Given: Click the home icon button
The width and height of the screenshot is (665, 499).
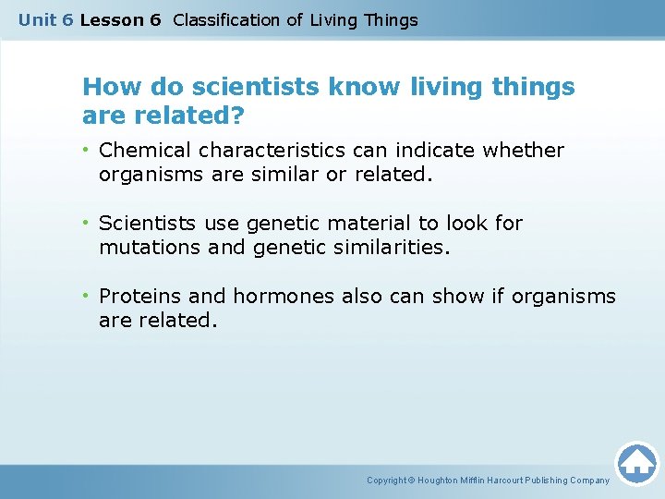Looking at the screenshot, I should [636, 462].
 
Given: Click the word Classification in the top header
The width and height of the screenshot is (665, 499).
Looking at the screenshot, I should [227, 20].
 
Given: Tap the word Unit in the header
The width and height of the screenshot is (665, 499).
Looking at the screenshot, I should [37, 20].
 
